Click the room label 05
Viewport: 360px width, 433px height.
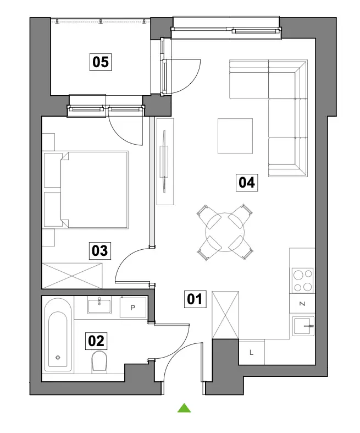point(101,62)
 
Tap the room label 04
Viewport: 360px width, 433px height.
point(247,183)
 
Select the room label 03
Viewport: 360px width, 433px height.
point(100,251)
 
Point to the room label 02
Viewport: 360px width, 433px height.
point(96,341)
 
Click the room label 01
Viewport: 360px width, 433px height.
point(195,299)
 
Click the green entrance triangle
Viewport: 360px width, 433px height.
point(184,408)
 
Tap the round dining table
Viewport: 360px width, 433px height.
point(225,232)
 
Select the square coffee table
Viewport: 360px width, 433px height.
point(235,136)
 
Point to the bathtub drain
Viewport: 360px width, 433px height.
point(58,358)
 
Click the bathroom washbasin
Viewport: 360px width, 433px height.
point(99,305)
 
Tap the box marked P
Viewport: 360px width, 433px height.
point(133,308)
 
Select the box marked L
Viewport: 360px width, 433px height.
point(251,352)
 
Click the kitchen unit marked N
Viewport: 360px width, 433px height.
point(302,304)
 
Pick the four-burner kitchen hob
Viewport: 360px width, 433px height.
point(303,280)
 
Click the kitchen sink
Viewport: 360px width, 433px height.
point(303,326)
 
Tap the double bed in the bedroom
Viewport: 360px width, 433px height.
point(86,190)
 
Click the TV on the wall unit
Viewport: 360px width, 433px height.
point(164,162)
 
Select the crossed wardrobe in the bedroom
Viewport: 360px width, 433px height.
point(71,276)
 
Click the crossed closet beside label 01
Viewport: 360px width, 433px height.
point(225,315)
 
